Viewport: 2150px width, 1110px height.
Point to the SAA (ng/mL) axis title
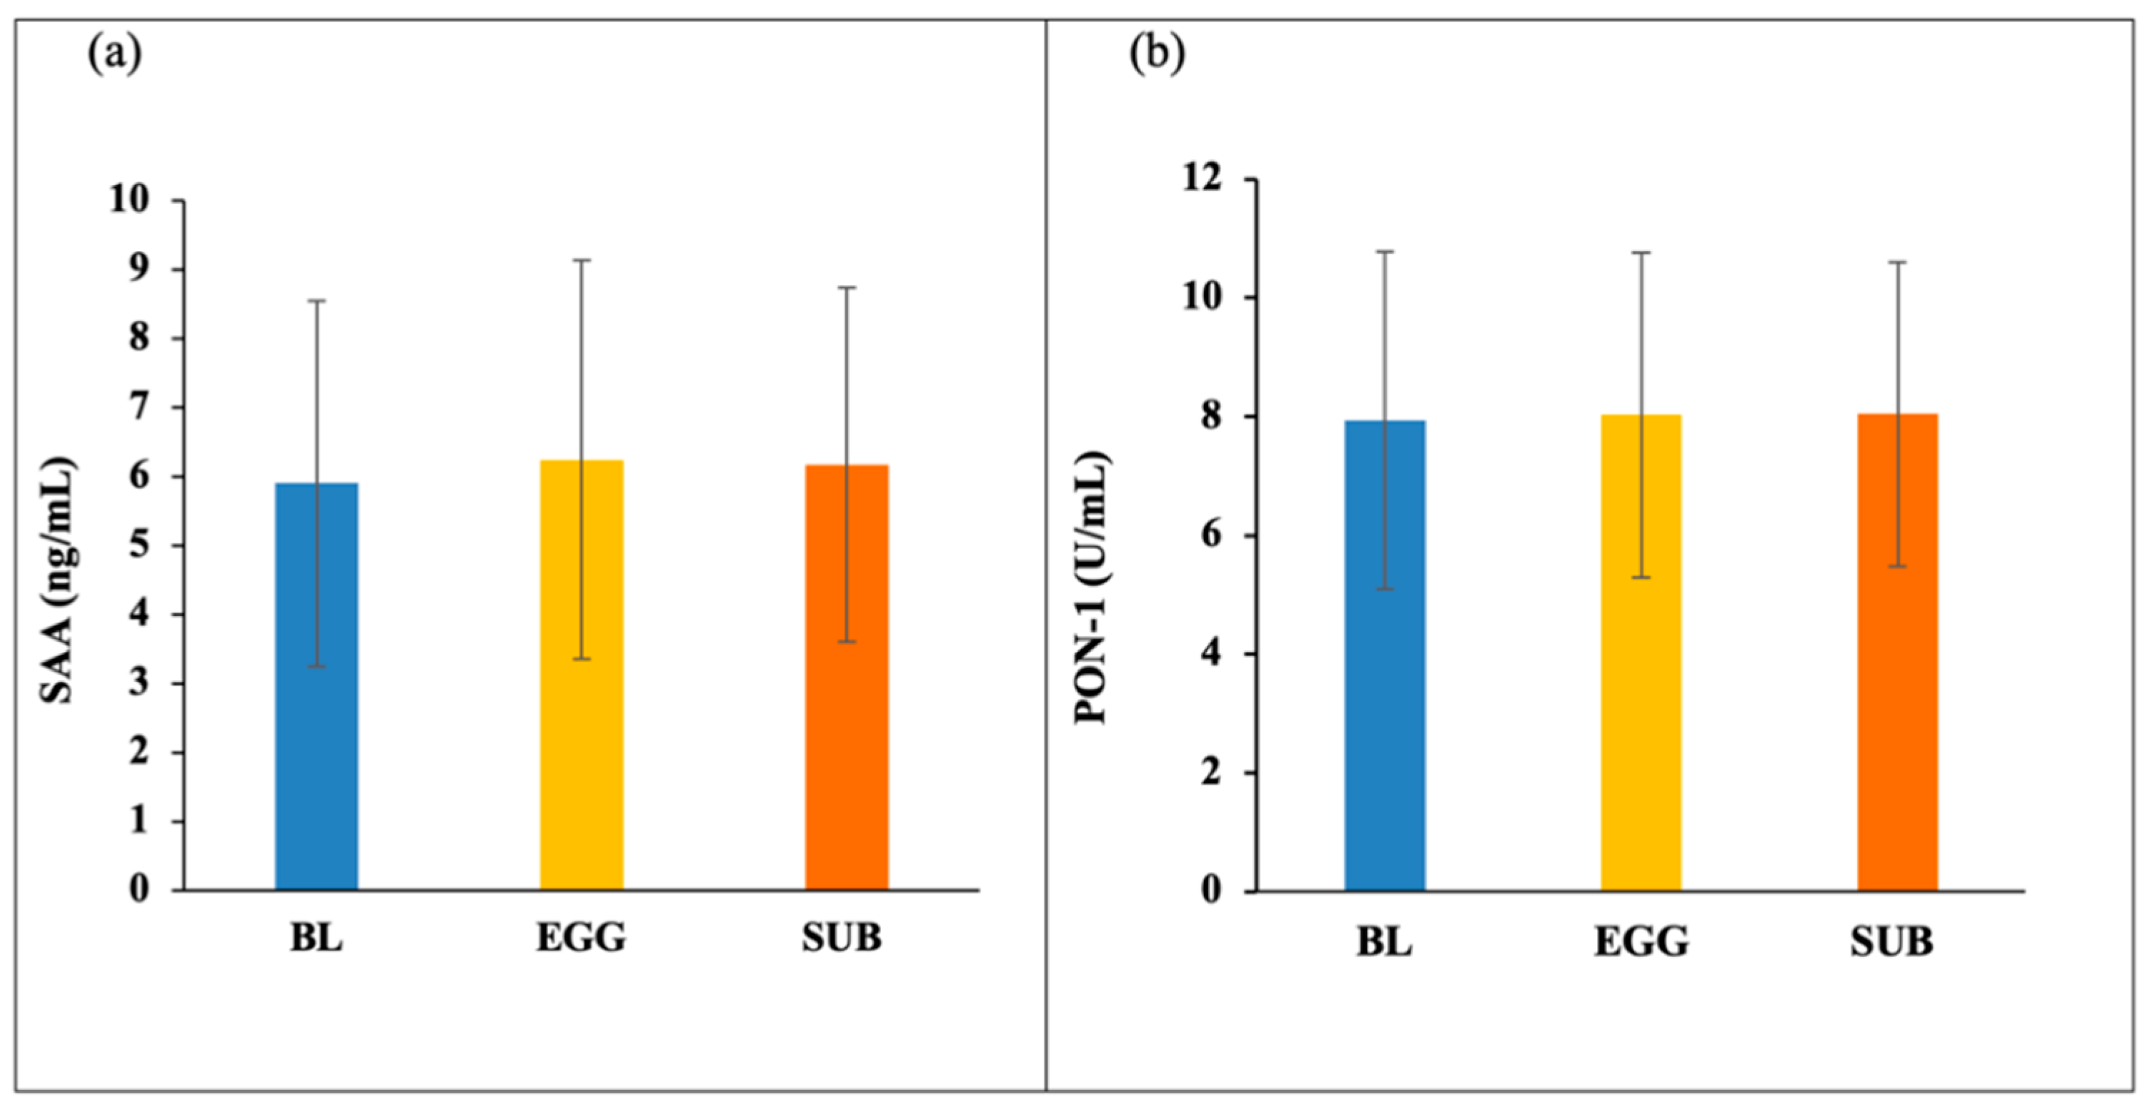[x=59, y=580]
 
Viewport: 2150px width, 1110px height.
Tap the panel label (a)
[x=114, y=55]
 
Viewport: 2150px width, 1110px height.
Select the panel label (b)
[x=1157, y=55]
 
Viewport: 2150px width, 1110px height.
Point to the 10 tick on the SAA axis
[x=129, y=199]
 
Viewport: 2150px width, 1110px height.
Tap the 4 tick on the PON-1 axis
[x=1213, y=653]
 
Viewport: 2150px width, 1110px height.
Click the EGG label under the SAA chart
[x=581, y=938]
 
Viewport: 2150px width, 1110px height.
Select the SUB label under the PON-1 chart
[x=1892, y=942]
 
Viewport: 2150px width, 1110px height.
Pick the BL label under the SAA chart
[x=317, y=938]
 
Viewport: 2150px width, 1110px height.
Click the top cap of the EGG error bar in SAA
[x=581, y=260]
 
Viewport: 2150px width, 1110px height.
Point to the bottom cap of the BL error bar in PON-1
[x=1385, y=589]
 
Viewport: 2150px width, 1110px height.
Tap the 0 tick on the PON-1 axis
[x=1213, y=891]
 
